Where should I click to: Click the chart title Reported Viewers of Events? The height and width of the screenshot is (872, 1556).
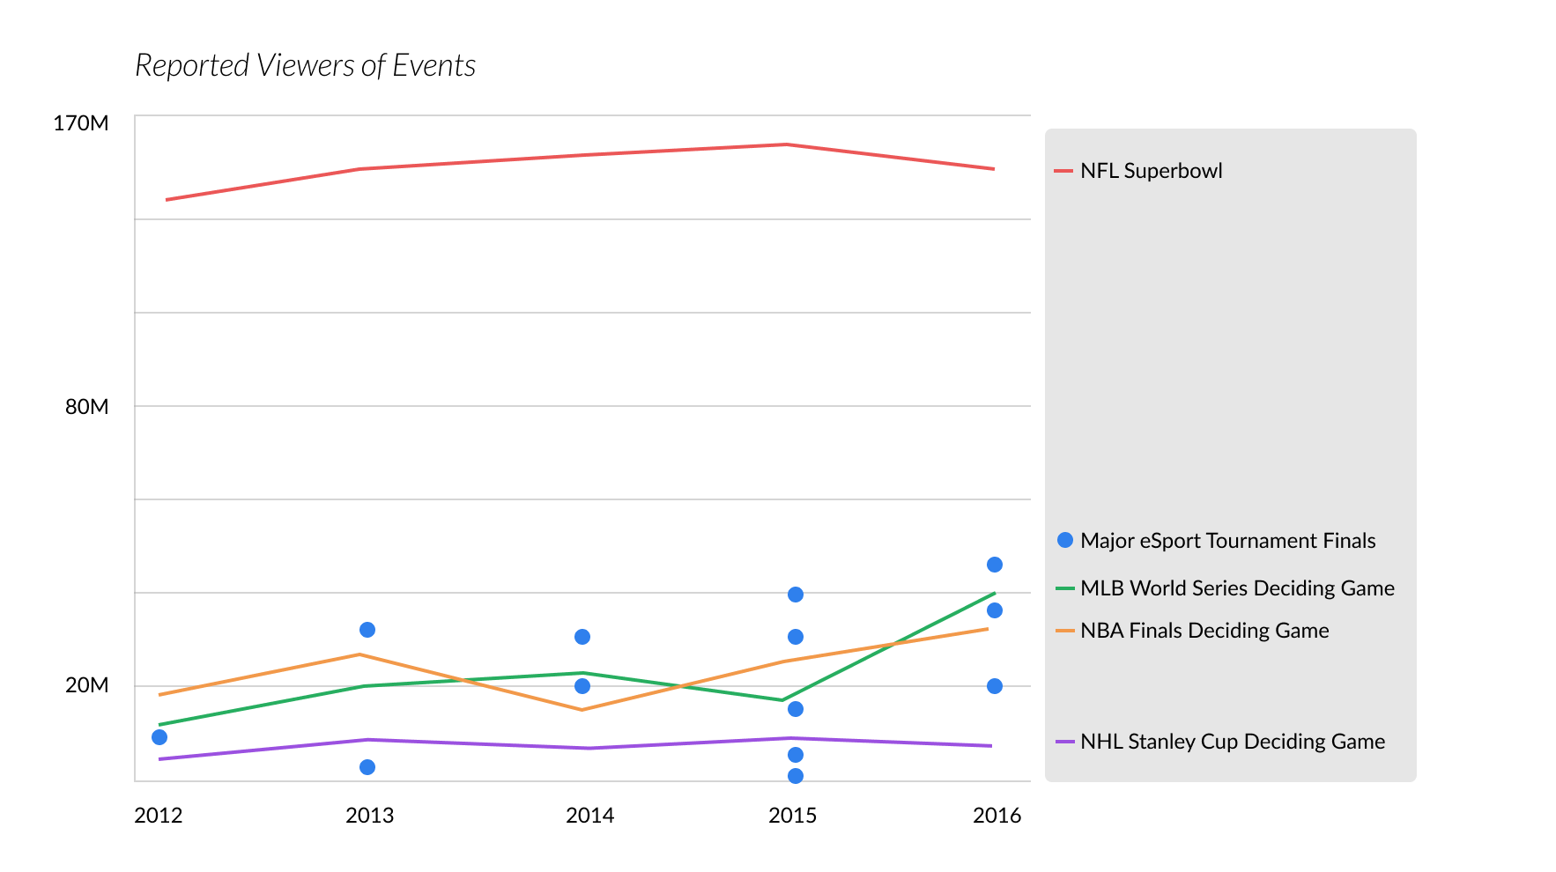[305, 66]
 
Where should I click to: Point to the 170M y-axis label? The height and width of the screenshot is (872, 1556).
[81, 123]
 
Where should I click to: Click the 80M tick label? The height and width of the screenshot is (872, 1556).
[87, 407]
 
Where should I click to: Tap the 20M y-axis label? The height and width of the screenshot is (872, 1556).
[87, 685]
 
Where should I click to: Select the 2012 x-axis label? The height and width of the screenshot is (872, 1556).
[159, 816]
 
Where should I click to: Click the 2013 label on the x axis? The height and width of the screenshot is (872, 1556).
[369, 816]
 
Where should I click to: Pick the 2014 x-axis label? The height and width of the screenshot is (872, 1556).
[589, 816]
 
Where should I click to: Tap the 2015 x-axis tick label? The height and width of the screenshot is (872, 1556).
[792, 816]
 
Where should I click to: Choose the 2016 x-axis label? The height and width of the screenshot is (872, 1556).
[997, 816]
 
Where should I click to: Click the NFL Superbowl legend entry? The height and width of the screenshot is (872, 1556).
[1151, 171]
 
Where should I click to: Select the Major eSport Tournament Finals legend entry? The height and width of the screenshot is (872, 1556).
[1227, 541]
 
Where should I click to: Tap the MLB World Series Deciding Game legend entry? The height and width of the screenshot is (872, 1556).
[1237, 588]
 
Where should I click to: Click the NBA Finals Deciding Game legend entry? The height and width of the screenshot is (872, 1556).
[1204, 631]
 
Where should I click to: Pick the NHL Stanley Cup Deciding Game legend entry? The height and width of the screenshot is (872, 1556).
[1232, 742]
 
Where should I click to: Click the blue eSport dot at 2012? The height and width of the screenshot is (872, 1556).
[159, 737]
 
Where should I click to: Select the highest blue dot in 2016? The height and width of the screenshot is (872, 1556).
[995, 565]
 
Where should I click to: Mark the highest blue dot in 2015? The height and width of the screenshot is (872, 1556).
[796, 595]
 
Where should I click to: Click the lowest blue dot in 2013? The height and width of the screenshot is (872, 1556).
[367, 767]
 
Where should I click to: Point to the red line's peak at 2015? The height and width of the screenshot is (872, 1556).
[787, 144]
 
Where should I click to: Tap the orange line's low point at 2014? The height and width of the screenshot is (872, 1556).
[582, 710]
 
